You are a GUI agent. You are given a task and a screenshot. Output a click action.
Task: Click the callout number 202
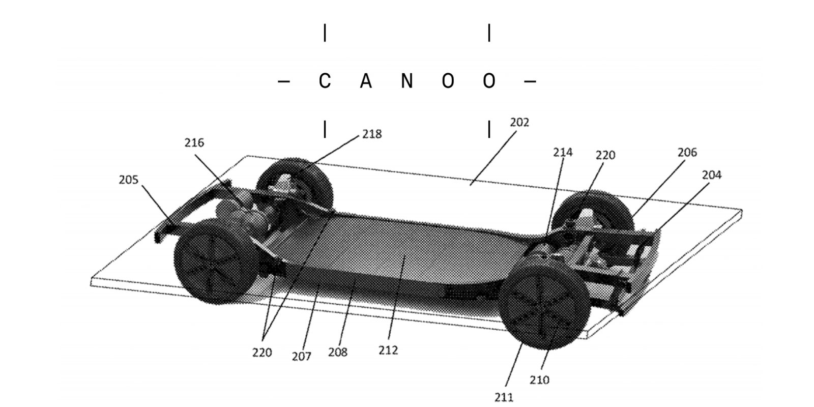coord(519,123)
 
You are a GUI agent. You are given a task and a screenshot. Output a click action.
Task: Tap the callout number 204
coord(711,175)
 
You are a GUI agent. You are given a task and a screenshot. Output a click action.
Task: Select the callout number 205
coord(128,180)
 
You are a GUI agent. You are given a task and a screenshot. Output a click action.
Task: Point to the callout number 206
coord(687,152)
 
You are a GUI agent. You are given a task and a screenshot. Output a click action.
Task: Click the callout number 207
coord(301,357)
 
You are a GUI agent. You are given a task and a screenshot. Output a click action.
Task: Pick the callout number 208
coord(337,352)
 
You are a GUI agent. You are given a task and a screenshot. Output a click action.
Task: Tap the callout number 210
coord(539,380)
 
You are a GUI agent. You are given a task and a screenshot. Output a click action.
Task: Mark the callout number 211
coord(504,397)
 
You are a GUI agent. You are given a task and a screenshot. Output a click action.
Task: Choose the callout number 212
coord(388,351)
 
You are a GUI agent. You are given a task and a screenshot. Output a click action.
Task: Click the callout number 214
coord(563,152)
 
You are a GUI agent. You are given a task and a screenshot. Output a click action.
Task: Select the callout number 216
coord(194,143)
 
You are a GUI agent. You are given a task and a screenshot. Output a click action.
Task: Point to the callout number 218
coord(372,134)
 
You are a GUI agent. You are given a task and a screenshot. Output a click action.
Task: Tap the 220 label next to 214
coord(605,155)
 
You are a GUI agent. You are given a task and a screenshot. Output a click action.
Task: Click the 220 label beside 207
coord(262,352)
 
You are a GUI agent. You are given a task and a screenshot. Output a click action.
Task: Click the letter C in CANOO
coord(325,81)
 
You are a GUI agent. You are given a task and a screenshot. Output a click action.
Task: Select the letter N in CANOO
coord(406,81)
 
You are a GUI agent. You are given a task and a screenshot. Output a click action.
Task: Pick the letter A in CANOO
coord(365,81)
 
